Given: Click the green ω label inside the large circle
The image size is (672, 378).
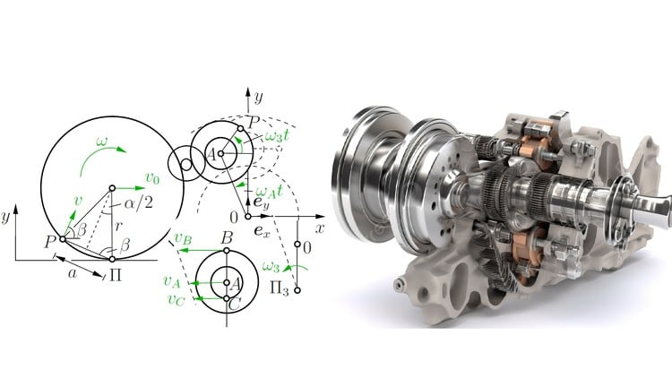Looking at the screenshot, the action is tap(102, 142).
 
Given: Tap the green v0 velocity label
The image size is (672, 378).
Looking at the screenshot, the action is tap(152, 177).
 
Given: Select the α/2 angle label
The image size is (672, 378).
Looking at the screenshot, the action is tap(138, 202).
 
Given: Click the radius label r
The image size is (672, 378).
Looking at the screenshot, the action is tap(118, 226).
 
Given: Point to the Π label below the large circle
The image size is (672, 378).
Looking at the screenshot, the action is tap(116, 274).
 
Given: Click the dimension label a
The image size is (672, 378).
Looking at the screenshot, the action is tap(73, 274).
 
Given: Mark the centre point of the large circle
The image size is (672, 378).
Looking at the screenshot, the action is tap(112, 188).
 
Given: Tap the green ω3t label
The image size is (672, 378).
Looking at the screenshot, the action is tap(277, 135).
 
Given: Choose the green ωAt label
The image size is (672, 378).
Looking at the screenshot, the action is tap(269, 191).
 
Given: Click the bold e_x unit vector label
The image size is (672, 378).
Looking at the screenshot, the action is tap(262, 231).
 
